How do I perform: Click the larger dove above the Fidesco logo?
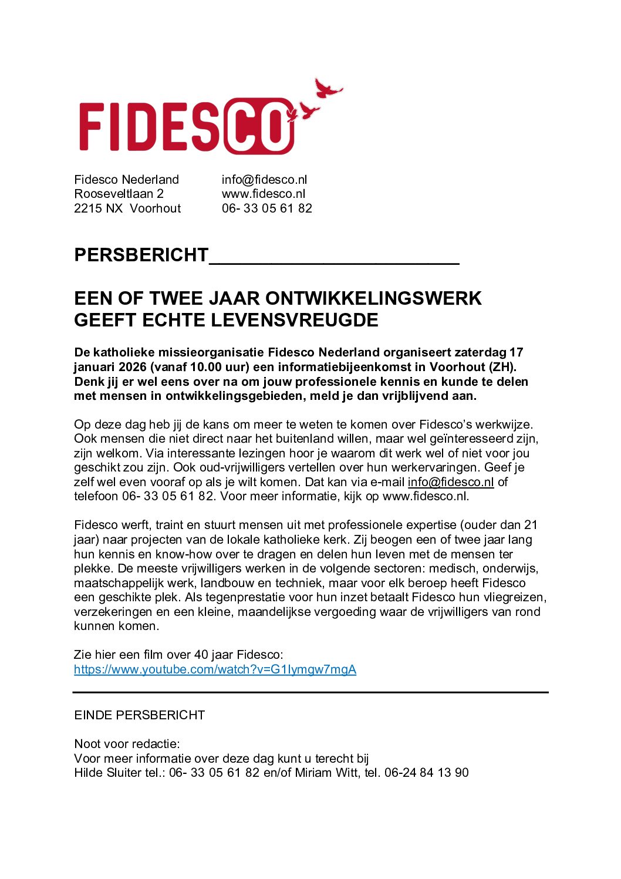tap(328, 89)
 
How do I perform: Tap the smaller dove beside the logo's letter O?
tap(309, 111)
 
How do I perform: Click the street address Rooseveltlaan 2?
tap(119, 194)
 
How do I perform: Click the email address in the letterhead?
tap(264, 180)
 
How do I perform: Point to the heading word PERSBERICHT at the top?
tap(141, 255)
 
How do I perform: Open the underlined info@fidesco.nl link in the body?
tap(450, 482)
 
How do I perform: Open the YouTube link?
tap(215, 669)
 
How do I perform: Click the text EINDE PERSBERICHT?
tap(139, 715)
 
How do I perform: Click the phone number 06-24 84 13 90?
tap(426, 773)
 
